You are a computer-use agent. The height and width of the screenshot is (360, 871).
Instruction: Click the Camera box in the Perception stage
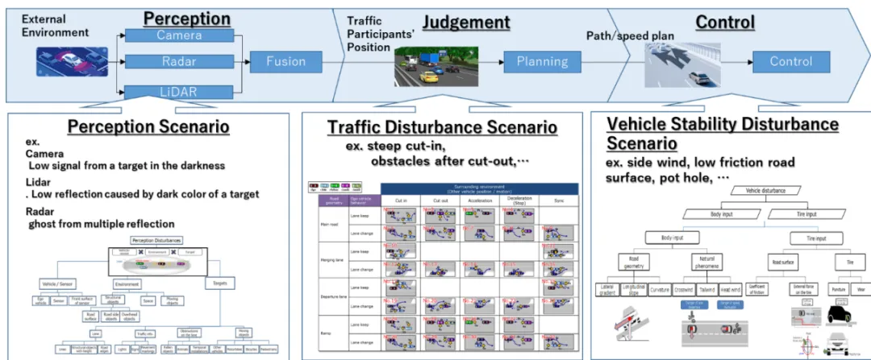(179, 35)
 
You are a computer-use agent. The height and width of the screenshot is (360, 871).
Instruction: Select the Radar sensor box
(179, 61)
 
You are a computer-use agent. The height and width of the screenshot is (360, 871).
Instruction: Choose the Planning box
(541, 61)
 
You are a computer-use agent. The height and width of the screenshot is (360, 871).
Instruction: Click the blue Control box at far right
(791, 61)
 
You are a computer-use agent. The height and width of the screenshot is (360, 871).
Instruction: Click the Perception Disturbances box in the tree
(156, 240)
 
